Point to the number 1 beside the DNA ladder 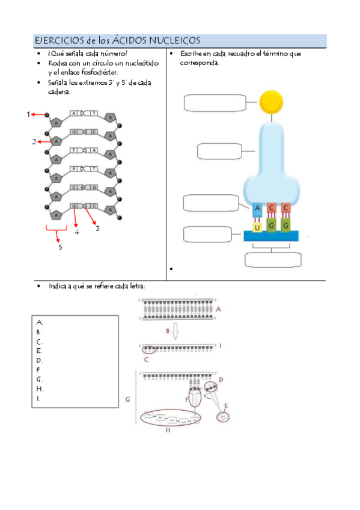28,114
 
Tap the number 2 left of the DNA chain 34,142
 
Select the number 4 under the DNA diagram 77,232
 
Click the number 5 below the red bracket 59,247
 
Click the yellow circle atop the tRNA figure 269,102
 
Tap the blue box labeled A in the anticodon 257,209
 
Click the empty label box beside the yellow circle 215,103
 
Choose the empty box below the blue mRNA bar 273,260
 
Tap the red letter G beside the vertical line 127,399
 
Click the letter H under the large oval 168,430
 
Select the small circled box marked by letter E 223,416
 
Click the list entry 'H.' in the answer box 40,389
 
